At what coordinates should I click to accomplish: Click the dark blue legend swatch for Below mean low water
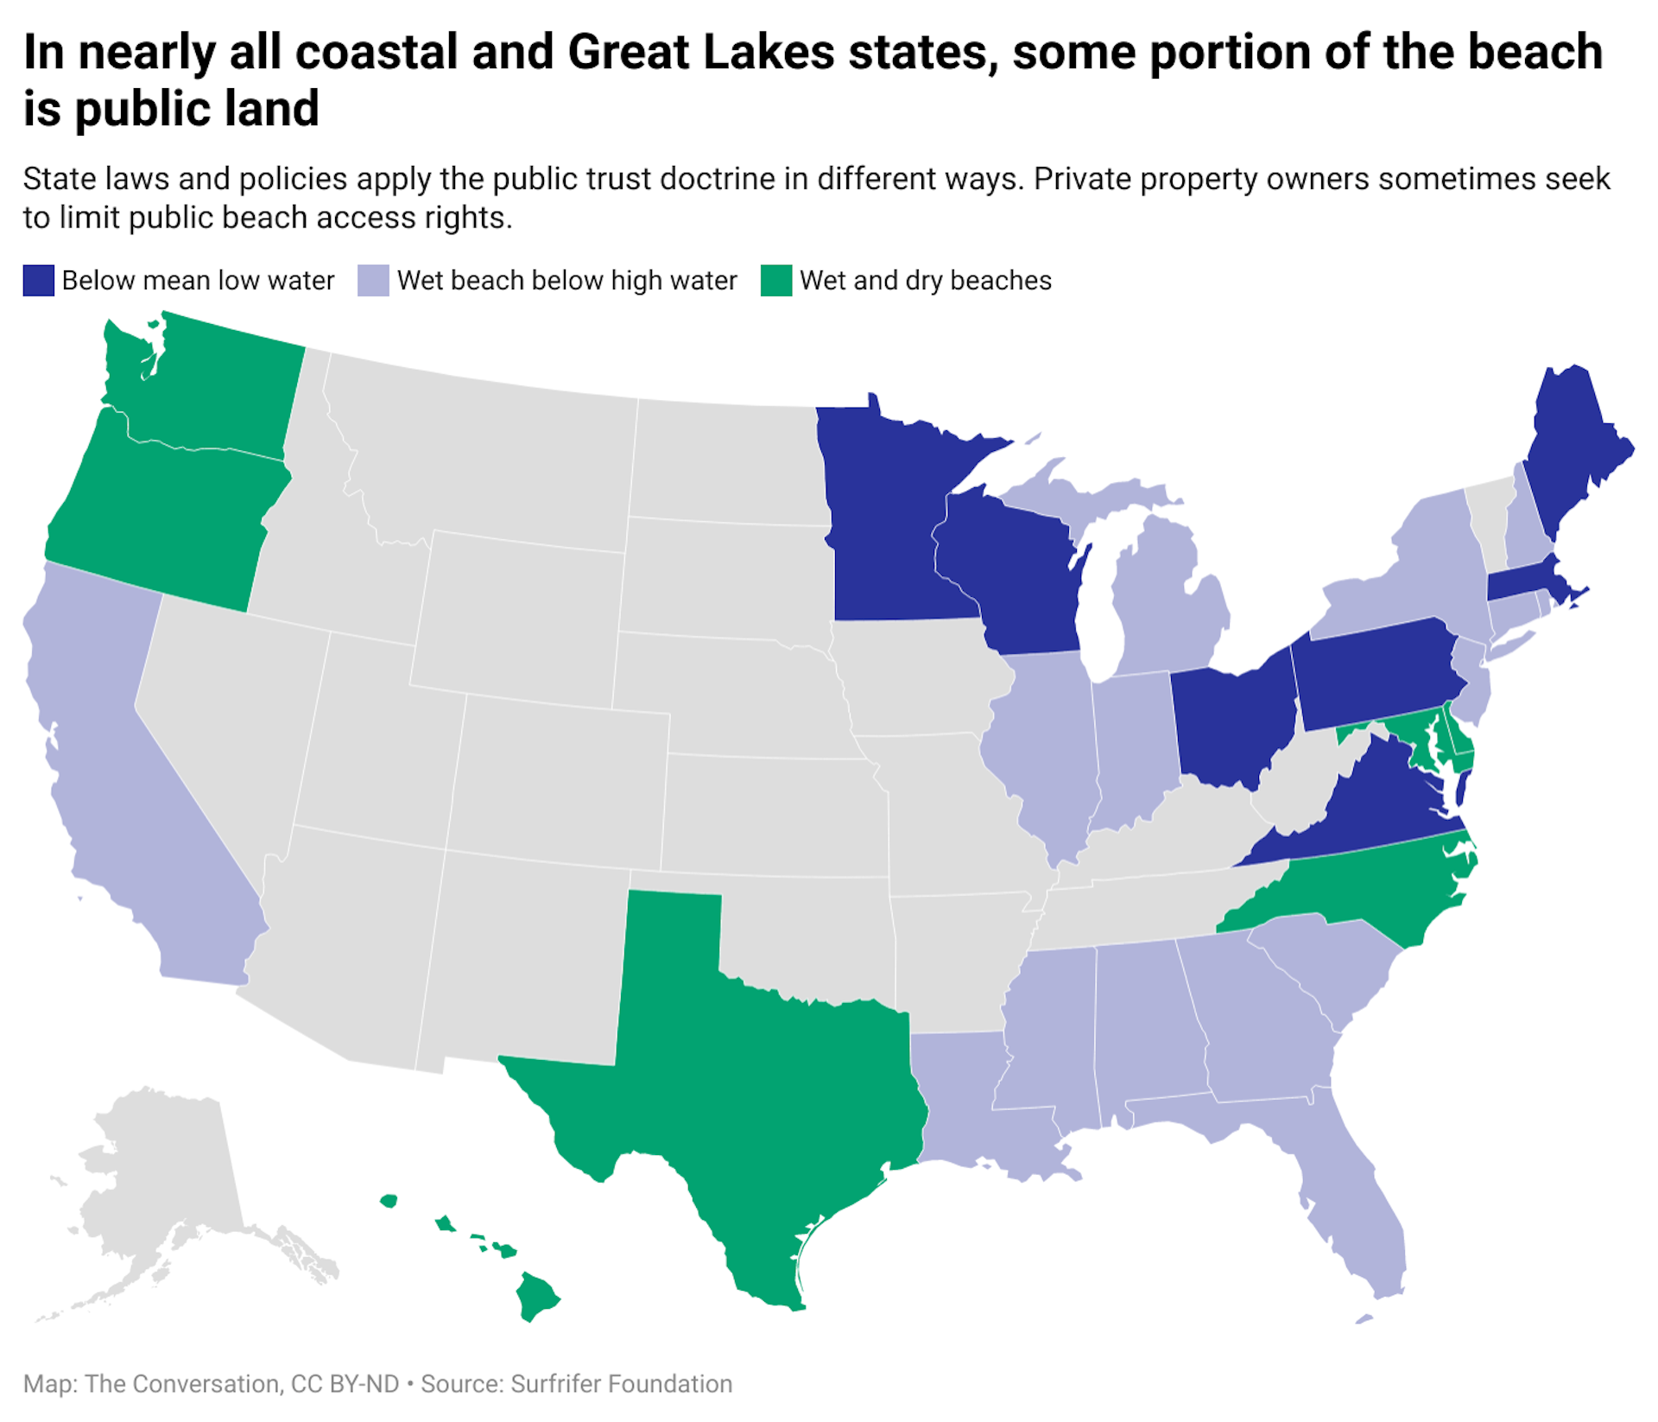(38, 281)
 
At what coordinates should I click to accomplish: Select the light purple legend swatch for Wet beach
(373, 281)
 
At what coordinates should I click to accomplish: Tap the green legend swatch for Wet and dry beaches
(775, 281)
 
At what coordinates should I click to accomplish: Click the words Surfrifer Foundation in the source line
(621, 1383)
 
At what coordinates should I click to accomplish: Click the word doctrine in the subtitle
(718, 179)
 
